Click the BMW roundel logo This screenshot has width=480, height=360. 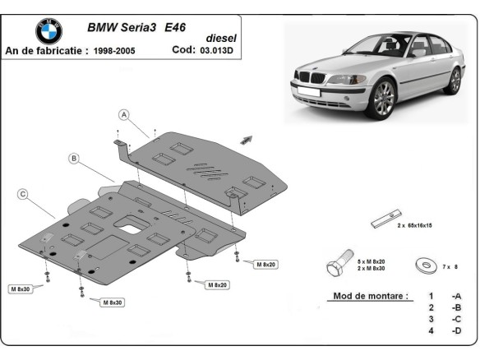coord(48,30)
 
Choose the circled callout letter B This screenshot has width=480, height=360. coord(73,157)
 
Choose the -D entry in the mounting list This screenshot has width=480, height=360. coord(455,331)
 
